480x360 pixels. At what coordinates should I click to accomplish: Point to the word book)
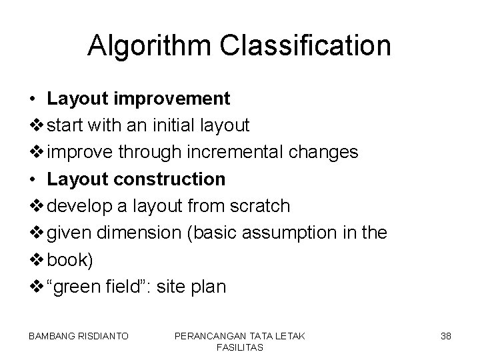click(71, 260)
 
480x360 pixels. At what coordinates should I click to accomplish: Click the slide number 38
click(446, 337)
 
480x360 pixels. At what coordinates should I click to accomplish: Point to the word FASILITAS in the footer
click(239, 348)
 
